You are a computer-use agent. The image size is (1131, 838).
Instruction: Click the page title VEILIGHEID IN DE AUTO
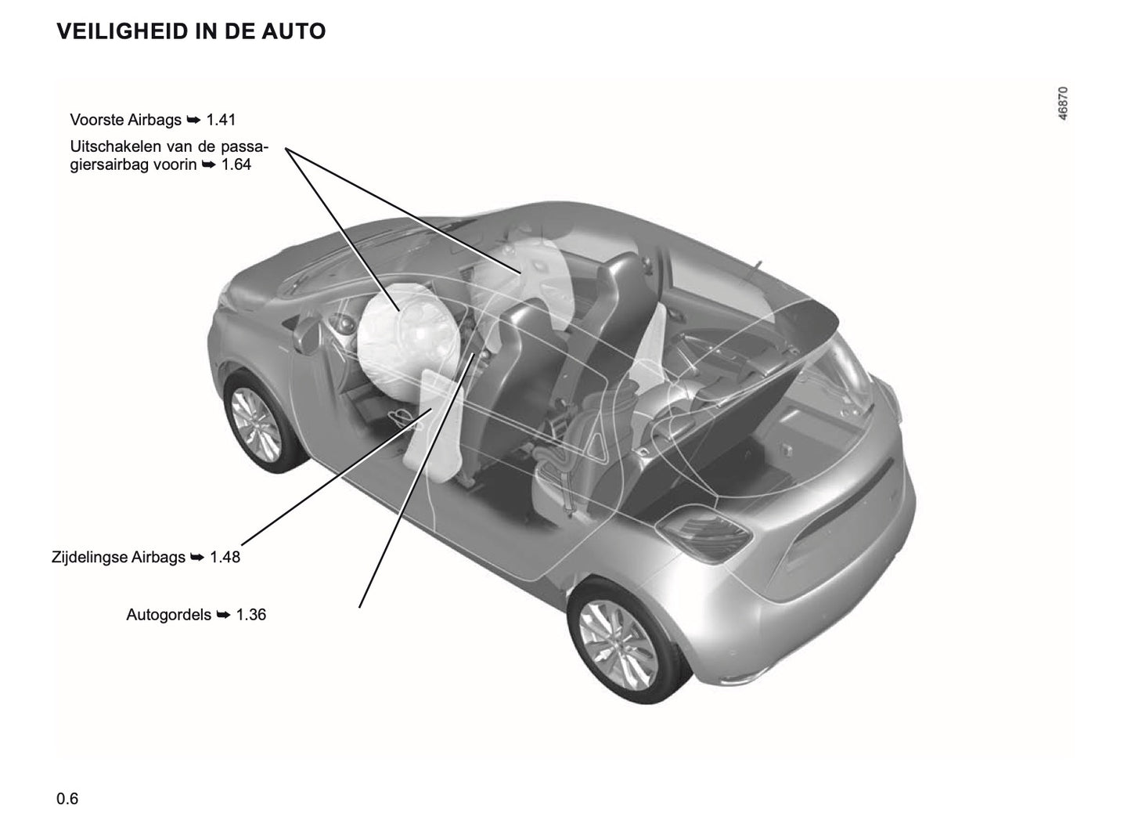(x=191, y=32)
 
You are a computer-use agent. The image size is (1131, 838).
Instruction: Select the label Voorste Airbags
(x=125, y=120)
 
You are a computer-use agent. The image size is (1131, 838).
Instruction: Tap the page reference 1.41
(x=221, y=120)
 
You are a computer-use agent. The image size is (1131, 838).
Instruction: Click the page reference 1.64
(x=236, y=164)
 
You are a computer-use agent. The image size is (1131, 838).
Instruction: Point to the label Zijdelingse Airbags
(x=118, y=558)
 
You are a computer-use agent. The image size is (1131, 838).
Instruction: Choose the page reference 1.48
(x=225, y=558)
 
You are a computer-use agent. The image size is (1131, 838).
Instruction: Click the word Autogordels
(x=168, y=615)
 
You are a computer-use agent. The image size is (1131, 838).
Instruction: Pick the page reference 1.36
(x=251, y=615)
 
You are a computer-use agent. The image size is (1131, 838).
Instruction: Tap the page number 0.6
(x=67, y=799)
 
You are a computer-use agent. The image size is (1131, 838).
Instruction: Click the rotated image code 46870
(x=1062, y=103)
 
